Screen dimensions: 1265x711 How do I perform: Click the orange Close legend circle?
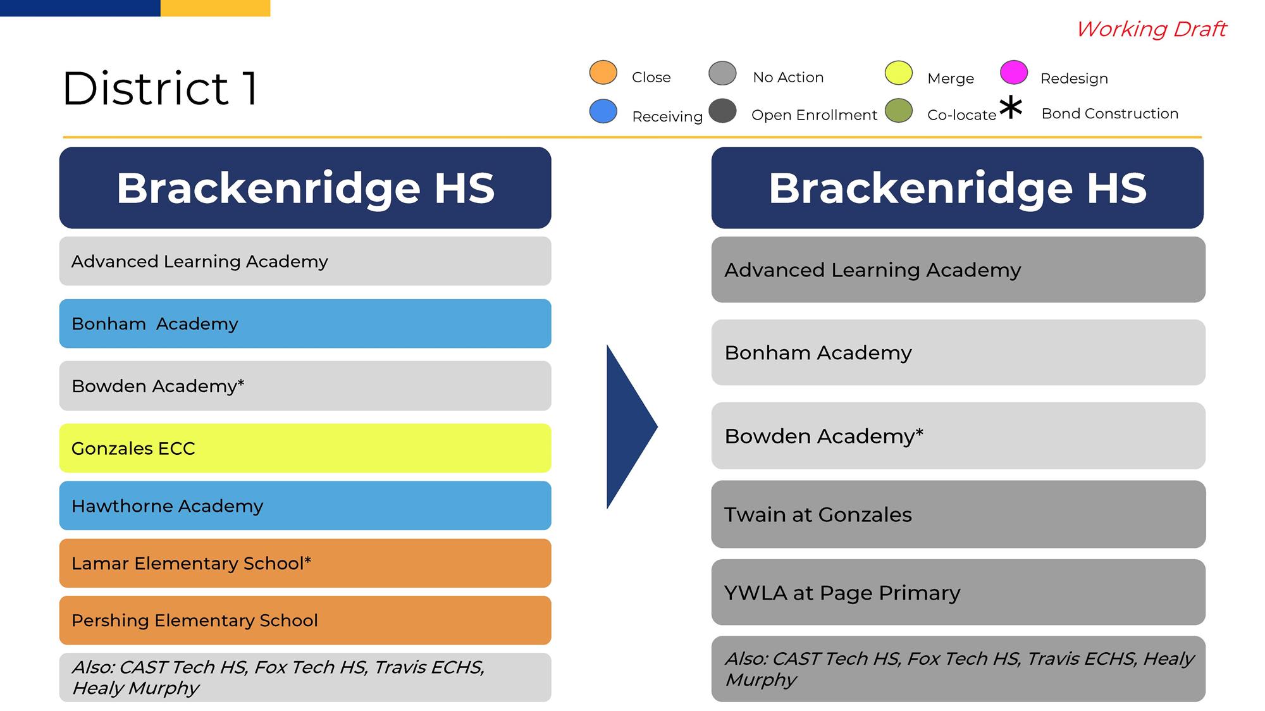(603, 73)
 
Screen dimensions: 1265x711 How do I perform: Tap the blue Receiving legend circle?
(603, 111)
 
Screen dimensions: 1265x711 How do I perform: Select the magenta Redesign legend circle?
(1014, 72)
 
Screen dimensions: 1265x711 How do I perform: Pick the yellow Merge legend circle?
(898, 73)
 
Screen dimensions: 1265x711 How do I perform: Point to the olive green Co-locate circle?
(898, 110)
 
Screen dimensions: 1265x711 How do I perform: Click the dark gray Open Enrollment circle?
(722, 111)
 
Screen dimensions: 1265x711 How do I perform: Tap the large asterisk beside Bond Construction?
(1011, 108)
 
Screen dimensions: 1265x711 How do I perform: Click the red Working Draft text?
(1151, 29)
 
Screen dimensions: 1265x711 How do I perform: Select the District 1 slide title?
(160, 88)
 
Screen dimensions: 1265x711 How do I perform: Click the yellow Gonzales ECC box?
(305, 448)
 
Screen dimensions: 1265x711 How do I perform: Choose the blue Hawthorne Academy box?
(305, 505)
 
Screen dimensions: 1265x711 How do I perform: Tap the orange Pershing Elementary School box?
(305, 620)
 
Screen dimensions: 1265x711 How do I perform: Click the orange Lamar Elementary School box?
(305, 563)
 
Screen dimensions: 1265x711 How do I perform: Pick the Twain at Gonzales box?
(958, 514)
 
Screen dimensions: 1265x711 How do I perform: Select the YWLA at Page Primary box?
(958, 592)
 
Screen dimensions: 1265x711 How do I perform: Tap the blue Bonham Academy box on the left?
(305, 323)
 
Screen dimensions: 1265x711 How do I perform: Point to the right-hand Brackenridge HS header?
(958, 188)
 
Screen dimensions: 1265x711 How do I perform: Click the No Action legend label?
(788, 77)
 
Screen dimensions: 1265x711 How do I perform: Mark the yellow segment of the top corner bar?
(215, 8)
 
